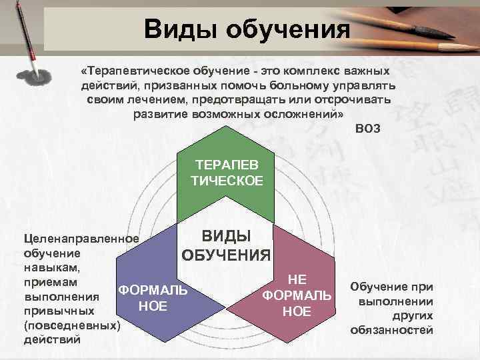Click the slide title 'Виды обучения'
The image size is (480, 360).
247,29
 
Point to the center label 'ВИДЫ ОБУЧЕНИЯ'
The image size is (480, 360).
227,245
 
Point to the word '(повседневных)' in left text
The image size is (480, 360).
72,326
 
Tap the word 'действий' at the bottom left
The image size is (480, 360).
52,339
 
